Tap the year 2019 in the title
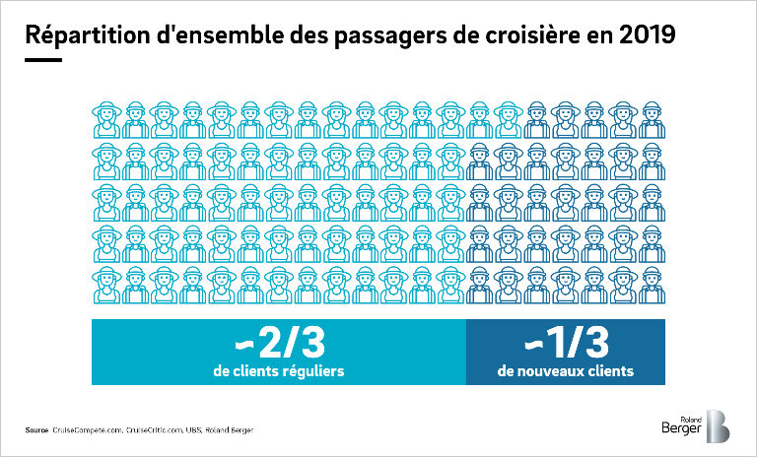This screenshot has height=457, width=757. click(649, 35)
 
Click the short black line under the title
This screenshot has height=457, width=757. click(42, 60)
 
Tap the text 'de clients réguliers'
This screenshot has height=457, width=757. click(278, 371)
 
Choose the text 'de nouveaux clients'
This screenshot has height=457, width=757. click(566, 371)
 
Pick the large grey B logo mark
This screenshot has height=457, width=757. click(718, 425)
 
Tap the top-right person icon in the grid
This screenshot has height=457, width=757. click(652, 120)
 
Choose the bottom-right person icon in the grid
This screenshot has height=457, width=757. click(652, 282)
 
